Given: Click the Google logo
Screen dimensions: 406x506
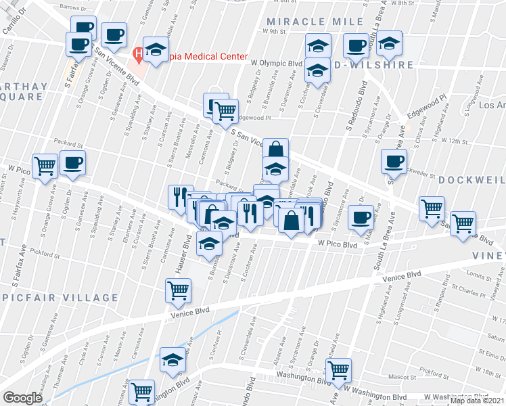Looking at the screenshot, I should pyautogui.click(x=22, y=398).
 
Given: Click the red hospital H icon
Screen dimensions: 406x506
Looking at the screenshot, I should pyautogui.click(x=139, y=52).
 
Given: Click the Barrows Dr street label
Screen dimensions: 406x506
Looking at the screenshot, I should pyautogui.click(x=74, y=6).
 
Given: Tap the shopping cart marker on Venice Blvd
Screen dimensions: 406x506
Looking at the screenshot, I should pyautogui.click(x=177, y=291).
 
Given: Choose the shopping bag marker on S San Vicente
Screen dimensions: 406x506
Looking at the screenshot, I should pyautogui.click(x=275, y=150).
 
